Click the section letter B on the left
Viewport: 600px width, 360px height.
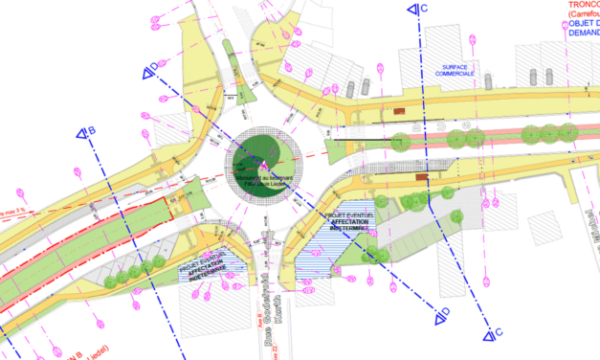pyautogui.click(x=92, y=130)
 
